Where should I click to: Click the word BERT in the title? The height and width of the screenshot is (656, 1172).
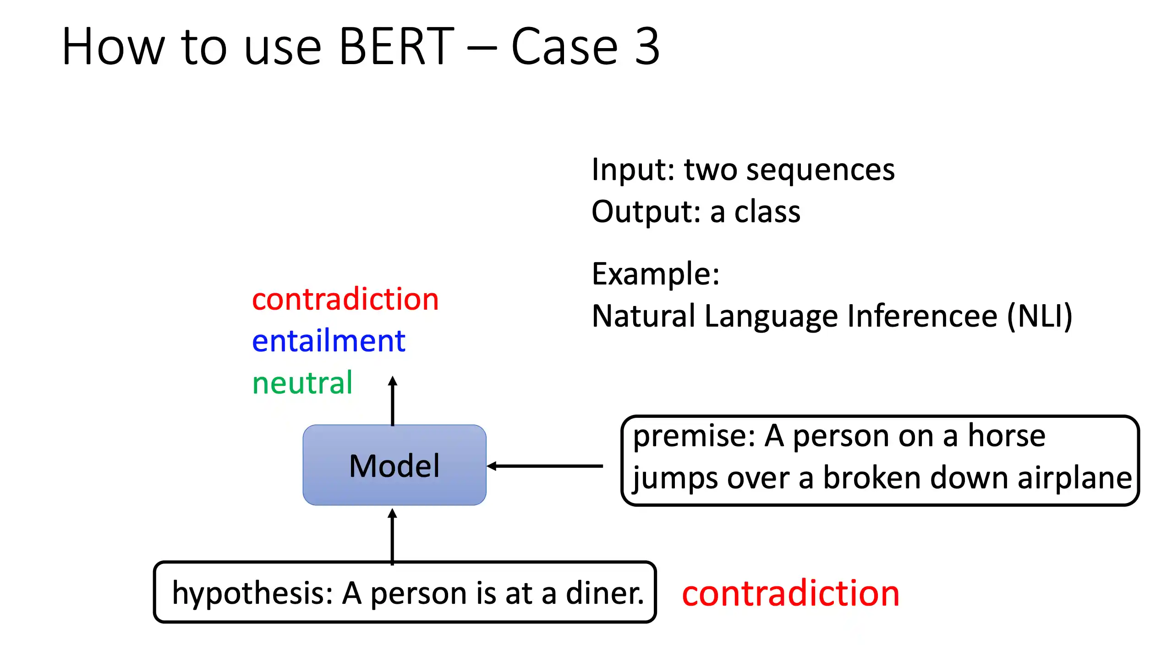(x=397, y=46)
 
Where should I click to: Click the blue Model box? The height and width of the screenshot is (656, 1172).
(x=394, y=465)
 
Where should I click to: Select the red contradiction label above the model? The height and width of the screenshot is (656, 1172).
(x=345, y=299)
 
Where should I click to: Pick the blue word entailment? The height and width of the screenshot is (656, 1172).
(x=329, y=341)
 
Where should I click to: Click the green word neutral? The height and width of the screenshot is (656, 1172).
(x=302, y=383)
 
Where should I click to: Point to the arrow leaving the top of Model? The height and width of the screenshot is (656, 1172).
(x=393, y=401)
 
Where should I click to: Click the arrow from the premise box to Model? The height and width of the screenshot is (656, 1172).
(x=545, y=466)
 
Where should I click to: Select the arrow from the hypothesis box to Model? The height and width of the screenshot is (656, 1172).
(x=392, y=536)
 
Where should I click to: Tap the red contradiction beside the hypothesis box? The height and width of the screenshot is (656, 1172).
(x=791, y=593)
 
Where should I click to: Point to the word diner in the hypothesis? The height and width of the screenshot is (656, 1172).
(x=605, y=593)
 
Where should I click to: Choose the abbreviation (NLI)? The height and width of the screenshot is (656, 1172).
(x=1040, y=316)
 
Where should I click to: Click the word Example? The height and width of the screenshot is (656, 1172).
(x=656, y=274)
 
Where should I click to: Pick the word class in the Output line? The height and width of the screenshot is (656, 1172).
(x=767, y=212)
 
